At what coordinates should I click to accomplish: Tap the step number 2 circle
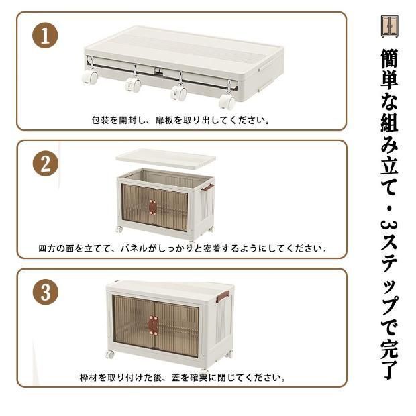point(45,164)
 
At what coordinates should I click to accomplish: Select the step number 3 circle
point(45,293)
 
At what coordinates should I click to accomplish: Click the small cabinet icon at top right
point(390,25)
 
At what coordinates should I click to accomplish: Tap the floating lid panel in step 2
point(165,158)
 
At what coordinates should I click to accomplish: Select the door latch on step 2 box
point(153,207)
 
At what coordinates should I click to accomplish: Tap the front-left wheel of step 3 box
point(109,354)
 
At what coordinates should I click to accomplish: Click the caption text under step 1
point(181,121)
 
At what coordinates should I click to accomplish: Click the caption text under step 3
point(182,378)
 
